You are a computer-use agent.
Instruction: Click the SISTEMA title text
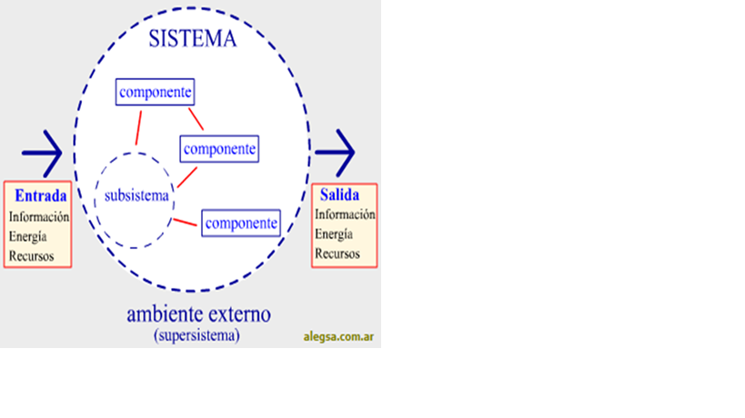(x=193, y=38)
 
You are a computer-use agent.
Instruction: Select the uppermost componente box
(x=155, y=92)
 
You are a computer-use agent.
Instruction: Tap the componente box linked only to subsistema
(x=241, y=223)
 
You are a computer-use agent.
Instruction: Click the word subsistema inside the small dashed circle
(x=136, y=195)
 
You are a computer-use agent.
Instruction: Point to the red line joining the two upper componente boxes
(x=196, y=119)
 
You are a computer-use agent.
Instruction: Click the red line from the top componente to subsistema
(x=139, y=128)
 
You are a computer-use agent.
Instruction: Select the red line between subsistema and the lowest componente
(x=186, y=222)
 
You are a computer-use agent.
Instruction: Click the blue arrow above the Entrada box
(x=42, y=154)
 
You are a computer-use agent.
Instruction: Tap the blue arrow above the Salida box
(x=335, y=153)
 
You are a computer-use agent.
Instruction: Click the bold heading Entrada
(x=40, y=195)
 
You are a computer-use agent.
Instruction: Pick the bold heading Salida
(x=339, y=194)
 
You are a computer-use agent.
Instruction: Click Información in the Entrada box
(x=39, y=217)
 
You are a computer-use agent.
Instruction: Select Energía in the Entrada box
(x=27, y=237)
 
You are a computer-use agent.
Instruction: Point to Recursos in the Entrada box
(x=31, y=256)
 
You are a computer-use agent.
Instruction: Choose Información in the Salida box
(x=345, y=214)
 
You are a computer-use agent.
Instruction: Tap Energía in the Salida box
(x=334, y=234)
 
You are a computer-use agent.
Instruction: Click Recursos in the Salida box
(x=337, y=254)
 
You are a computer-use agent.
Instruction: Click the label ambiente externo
(x=198, y=314)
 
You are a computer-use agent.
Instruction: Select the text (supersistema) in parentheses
(x=196, y=335)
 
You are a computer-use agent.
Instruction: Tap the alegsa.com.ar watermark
(x=338, y=337)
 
